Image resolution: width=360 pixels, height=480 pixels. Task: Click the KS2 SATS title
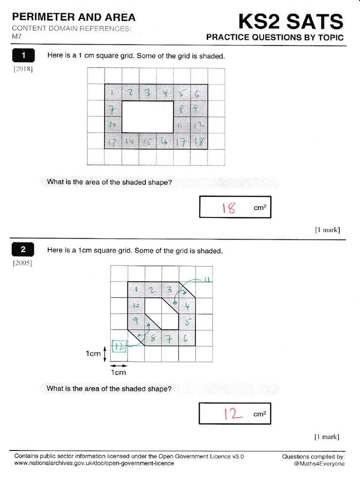pyautogui.click(x=291, y=22)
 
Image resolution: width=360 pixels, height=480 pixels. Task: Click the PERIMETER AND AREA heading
pyautogui.click(x=74, y=17)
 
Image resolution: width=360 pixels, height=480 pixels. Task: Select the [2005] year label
pyautogui.click(x=22, y=263)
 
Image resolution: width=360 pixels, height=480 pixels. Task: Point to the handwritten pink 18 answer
pyautogui.click(x=229, y=207)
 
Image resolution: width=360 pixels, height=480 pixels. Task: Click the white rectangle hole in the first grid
pyautogui.click(x=148, y=116)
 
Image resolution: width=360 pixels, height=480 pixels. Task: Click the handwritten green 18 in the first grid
pyautogui.click(x=199, y=141)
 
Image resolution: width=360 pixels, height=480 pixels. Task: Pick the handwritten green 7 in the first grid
pyautogui.click(x=113, y=109)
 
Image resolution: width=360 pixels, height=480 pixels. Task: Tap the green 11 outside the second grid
pyautogui.click(x=205, y=280)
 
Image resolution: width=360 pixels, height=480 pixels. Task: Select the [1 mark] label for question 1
pyautogui.click(x=327, y=230)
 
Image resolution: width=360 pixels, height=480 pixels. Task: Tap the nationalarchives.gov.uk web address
pyautogui.click(x=94, y=464)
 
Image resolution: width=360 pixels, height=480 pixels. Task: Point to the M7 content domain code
pyautogui.click(x=17, y=36)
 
